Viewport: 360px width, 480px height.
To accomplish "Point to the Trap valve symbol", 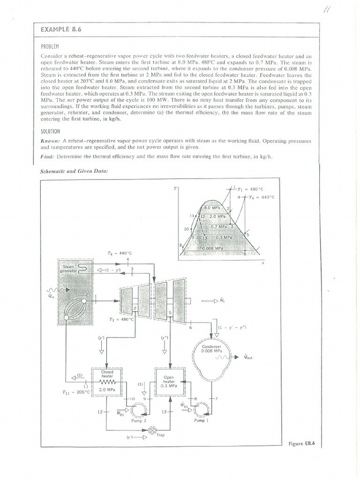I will [151, 430].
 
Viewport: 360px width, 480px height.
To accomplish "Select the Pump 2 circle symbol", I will [138, 411].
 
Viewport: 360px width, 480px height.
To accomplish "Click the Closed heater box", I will [107, 381].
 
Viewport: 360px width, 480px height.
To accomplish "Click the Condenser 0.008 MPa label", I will [211, 349].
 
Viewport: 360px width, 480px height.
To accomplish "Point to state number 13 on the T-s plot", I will [205, 239].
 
